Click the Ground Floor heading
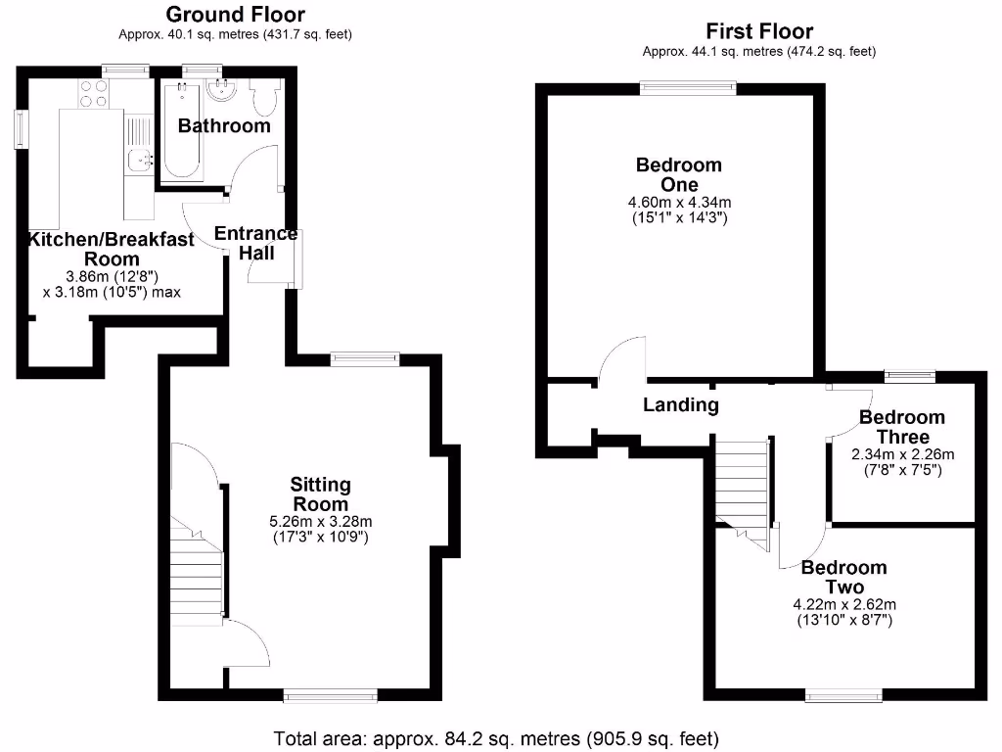click(x=235, y=15)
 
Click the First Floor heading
click(x=758, y=31)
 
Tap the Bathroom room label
click(x=224, y=126)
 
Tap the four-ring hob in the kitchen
click(x=94, y=93)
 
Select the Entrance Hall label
click(x=255, y=243)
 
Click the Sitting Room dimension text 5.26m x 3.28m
click(x=321, y=521)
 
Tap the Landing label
click(x=681, y=404)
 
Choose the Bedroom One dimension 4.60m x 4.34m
click(x=680, y=203)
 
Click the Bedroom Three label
click(x=901, y=427)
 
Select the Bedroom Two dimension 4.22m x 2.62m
click(x=844, y=604)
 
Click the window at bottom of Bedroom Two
click(x=843, y=695)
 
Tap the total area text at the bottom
click(x=497, y=737)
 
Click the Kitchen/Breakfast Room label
click(x=111, y=249)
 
